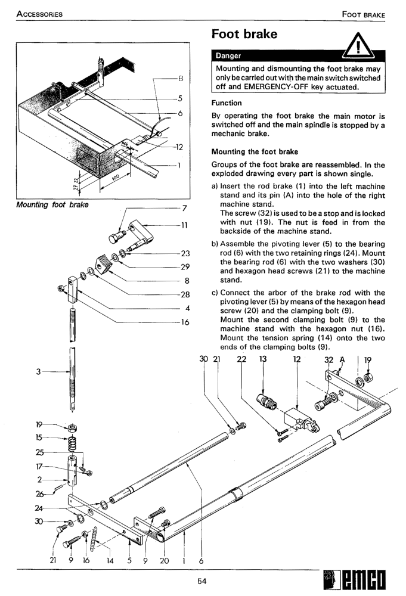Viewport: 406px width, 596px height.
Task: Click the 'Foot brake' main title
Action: [x=244, y=34]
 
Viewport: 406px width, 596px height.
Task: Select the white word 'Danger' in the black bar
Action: [x=228, y=55]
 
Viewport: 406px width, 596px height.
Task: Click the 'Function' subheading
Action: [x=227, y=103]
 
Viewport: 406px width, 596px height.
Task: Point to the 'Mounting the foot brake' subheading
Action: [x=255, y=152]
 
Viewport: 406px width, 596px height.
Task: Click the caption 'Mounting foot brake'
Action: [x=52, y=205]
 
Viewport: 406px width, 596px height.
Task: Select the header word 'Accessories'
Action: [x=39, y=14]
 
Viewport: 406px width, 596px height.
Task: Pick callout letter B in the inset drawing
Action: [x=181, y=79]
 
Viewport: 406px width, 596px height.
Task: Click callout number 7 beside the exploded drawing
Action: [x=185, y=208]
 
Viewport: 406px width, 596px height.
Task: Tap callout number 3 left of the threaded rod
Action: [x=38, y=371]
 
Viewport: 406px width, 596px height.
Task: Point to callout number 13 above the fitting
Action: [x=263, y=359]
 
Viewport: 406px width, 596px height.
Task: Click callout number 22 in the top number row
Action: [x=241, y=359]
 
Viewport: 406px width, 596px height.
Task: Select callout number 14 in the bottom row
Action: [x=110, y=561]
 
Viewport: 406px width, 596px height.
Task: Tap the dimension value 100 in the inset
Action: [x=116, y=179]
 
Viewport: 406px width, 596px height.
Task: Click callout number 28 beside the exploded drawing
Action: [x=185, y=294]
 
